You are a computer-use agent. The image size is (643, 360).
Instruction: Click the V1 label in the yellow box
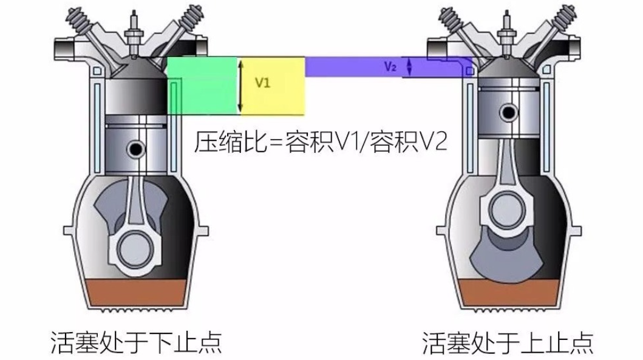(x=262, y=83)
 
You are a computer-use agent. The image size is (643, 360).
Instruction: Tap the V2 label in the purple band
(x=390, y=66)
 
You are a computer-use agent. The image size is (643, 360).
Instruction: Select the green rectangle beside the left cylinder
(x=203, y=86)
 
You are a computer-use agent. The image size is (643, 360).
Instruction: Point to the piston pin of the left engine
(x=136, y=149)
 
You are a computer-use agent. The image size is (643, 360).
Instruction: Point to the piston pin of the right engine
(x=508, y=112)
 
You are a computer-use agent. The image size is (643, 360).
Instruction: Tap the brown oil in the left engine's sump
(x=136, y=293)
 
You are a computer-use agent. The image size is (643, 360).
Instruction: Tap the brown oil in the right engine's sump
(x=509, y=293)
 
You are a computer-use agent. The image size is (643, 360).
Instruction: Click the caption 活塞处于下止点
(x=136, y=342)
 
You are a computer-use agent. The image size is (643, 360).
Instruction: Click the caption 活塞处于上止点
(x=508, y=342)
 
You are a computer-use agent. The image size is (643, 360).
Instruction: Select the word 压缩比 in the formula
(x=230, y=142)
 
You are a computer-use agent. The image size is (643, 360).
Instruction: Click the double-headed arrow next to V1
(x=240, y=86)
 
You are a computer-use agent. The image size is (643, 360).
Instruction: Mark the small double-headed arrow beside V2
(x=409, y=67)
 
